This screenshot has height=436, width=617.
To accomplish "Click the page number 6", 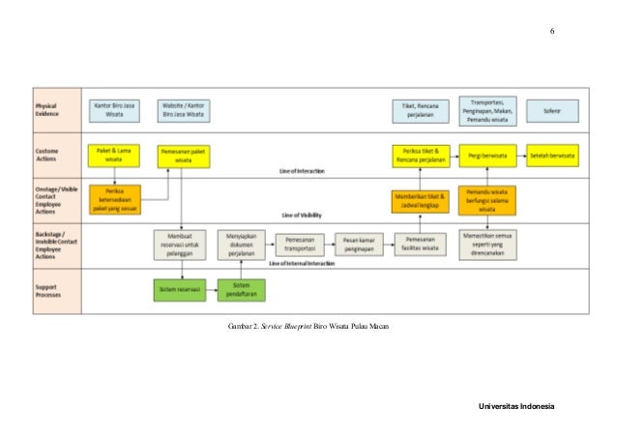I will coord(552,32).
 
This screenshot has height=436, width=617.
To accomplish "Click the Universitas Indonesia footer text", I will coord(516,406).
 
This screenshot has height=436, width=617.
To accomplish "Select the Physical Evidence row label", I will coord(47,108).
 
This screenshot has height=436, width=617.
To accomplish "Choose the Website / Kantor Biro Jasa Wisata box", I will coord(183,109).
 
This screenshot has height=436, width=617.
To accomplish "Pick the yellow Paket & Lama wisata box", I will coord(114,155).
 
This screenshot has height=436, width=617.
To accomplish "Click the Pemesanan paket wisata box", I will coord(183,155).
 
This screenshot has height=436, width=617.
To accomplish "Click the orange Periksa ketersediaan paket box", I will coord(114,198).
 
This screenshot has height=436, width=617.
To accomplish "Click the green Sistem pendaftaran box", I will coord(242,289).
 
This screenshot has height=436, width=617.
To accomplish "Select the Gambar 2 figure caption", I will coord(308,328).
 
